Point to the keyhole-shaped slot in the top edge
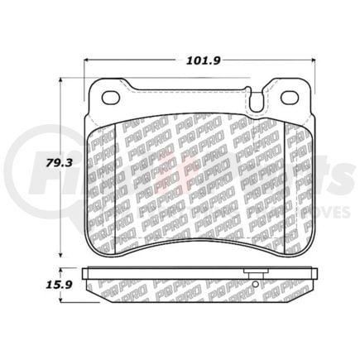pos(257,102)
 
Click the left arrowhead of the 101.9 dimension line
pos(89,60)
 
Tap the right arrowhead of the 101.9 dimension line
pos(311,60)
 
